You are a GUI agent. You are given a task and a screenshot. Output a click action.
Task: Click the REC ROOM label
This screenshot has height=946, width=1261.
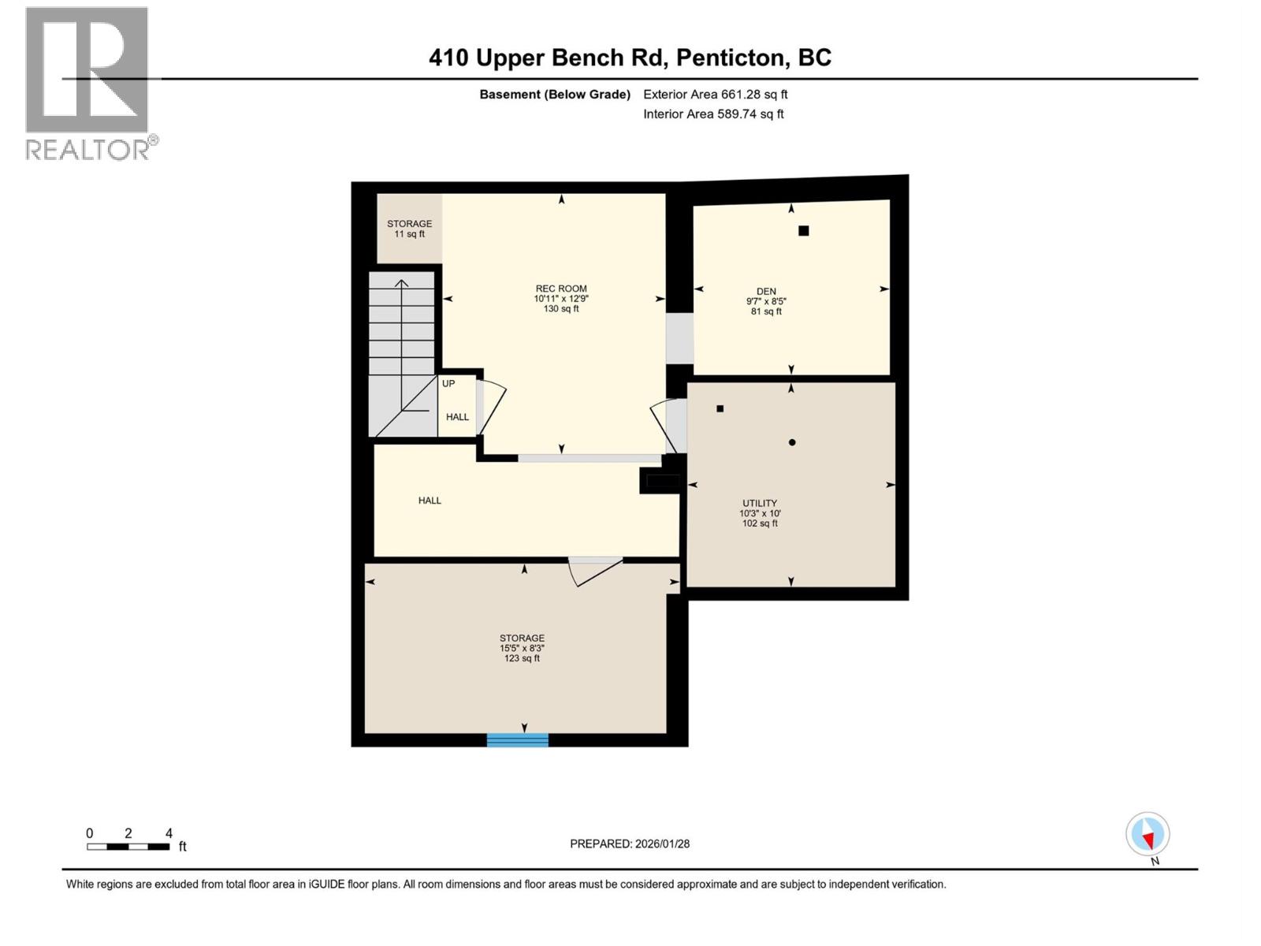coord(561,289)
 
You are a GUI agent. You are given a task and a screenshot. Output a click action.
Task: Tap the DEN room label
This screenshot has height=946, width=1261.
coord(766,292)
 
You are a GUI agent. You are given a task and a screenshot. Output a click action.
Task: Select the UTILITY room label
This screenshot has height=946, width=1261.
coord(760,503)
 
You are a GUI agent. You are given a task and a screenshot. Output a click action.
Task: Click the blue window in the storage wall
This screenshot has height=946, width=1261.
coord(517,739)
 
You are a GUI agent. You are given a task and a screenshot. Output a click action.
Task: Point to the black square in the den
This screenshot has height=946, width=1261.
coord(803,231)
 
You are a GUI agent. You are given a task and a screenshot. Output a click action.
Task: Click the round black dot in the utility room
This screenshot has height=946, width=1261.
coord(792,442)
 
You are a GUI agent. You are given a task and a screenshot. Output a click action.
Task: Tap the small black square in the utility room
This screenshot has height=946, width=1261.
coord(720,408)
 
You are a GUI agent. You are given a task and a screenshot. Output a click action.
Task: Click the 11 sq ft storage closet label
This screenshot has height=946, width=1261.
coord(409,229)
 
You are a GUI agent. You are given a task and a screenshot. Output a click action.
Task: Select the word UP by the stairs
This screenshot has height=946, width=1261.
coord(448,384)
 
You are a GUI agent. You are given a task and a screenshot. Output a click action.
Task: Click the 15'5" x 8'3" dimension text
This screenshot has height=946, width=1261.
coord(522,648)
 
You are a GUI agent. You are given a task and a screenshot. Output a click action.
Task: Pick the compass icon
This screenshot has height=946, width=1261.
coord(1148,835)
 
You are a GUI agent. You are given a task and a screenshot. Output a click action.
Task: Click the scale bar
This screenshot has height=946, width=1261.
coord(128,847)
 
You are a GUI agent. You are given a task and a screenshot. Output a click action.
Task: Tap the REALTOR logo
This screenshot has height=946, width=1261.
coord(89,83)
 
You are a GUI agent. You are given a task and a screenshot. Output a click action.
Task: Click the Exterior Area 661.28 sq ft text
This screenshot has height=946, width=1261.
coord(715,95)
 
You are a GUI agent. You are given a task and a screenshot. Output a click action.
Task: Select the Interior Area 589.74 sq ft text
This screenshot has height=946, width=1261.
coord(713,114)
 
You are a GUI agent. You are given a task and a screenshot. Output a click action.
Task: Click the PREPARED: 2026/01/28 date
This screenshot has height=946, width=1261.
coord(630,844)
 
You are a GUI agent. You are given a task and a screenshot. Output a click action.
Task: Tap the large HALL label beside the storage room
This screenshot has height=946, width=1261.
coord(430,501)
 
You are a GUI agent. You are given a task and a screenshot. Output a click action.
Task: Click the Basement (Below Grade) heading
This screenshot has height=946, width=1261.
coord(555,95)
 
